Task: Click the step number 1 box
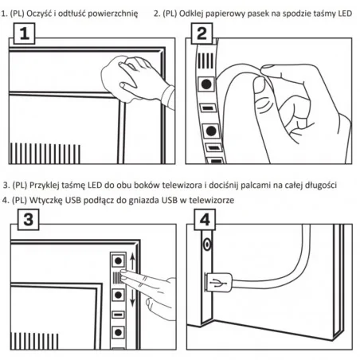(24, 33)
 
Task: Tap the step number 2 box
(202, 33)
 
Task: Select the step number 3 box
(28, 220)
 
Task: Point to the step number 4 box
(205, 220)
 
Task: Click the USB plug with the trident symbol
(218, 283)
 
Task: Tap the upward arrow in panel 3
(133, 261)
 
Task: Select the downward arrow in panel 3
(133, 297)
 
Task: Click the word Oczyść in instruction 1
(39, 14)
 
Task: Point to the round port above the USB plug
(207, 245)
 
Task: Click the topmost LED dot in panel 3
(118, 260)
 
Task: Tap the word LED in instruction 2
(345, 14)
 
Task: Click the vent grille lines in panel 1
(45, 154)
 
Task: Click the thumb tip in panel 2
(260, 85)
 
